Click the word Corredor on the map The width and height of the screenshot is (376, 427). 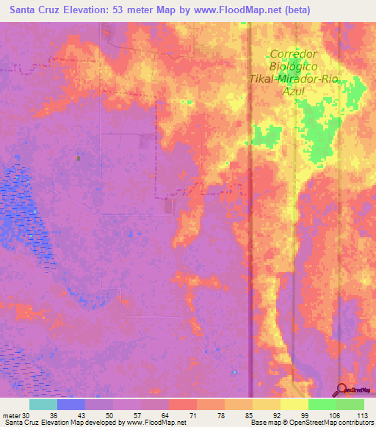[x=293, y=54]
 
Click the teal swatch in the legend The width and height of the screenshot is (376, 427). [x=43, y=404]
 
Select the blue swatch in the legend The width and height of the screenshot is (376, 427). [x=71, y=404]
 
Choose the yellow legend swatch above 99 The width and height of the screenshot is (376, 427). [x=294, y=404]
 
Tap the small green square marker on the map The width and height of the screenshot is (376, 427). [x=79, y=158]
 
